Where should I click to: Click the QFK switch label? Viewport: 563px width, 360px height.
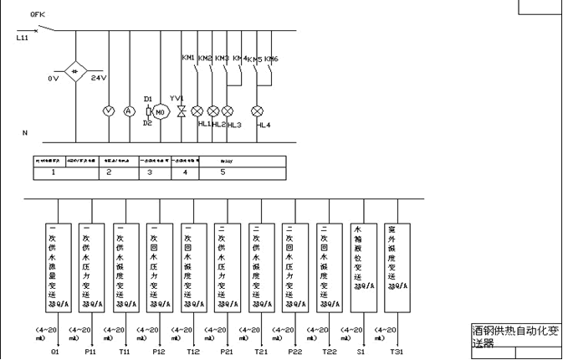[36, 15]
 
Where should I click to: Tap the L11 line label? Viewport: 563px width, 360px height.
[22, 39]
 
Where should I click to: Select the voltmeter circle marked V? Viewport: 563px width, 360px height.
[107, 111]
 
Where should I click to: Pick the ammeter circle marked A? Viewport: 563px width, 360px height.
[129, 111]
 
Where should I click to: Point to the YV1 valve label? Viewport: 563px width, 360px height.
[177, 98]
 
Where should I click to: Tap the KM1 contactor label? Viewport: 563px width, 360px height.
[188, 58]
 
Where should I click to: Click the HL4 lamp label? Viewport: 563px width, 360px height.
[264, 125]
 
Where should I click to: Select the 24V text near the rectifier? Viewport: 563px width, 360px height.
[98, 78]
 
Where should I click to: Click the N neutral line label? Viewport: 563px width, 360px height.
[24, 133]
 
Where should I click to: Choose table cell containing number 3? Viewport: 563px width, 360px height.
[151, 172]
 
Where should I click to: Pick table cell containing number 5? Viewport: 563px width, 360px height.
[223, 172]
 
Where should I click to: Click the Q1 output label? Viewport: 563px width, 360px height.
[55, 352]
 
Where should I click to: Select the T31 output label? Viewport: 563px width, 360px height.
[397, 352]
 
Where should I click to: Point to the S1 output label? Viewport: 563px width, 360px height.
[361, 352]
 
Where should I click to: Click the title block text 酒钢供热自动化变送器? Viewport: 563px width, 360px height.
[513, 337]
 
